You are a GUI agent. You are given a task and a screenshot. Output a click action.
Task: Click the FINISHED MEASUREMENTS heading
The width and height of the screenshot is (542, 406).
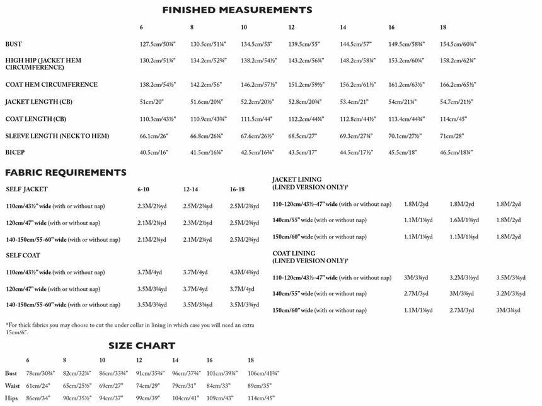click(237, 10)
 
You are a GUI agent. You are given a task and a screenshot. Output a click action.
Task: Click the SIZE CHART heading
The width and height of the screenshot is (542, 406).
click(141, 346)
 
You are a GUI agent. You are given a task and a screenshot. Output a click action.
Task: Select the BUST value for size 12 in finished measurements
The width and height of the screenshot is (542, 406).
click(304, 44)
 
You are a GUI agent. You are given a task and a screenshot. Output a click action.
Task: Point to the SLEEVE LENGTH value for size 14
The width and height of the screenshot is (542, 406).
click(355, 135)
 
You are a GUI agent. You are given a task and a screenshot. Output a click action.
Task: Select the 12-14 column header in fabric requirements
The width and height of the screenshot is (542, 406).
click(192, 189)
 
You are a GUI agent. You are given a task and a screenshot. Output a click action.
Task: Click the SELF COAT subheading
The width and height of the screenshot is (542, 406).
click(23, 255)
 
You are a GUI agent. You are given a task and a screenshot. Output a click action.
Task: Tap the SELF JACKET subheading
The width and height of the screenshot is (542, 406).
click(26, 189)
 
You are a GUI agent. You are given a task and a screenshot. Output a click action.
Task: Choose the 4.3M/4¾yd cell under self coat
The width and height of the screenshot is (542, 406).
click(245, 272)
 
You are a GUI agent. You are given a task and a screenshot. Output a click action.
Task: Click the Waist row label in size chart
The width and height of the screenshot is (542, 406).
click(12, 386)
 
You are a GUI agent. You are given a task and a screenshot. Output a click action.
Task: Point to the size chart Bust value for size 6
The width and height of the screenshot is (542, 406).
click(40, 373)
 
